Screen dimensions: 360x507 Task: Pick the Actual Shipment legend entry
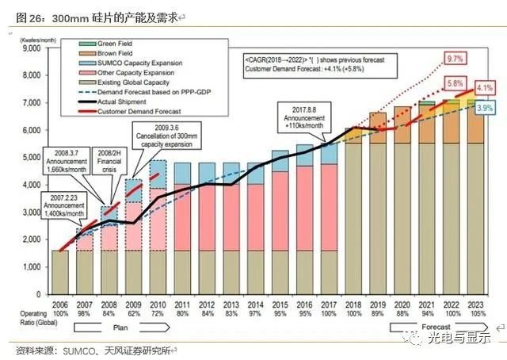119,101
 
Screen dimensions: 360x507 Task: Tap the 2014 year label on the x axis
255,304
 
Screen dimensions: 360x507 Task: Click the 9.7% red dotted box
454,59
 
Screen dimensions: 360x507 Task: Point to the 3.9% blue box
486,107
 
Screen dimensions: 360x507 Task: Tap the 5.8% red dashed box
455,82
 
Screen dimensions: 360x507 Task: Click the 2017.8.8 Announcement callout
305,116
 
